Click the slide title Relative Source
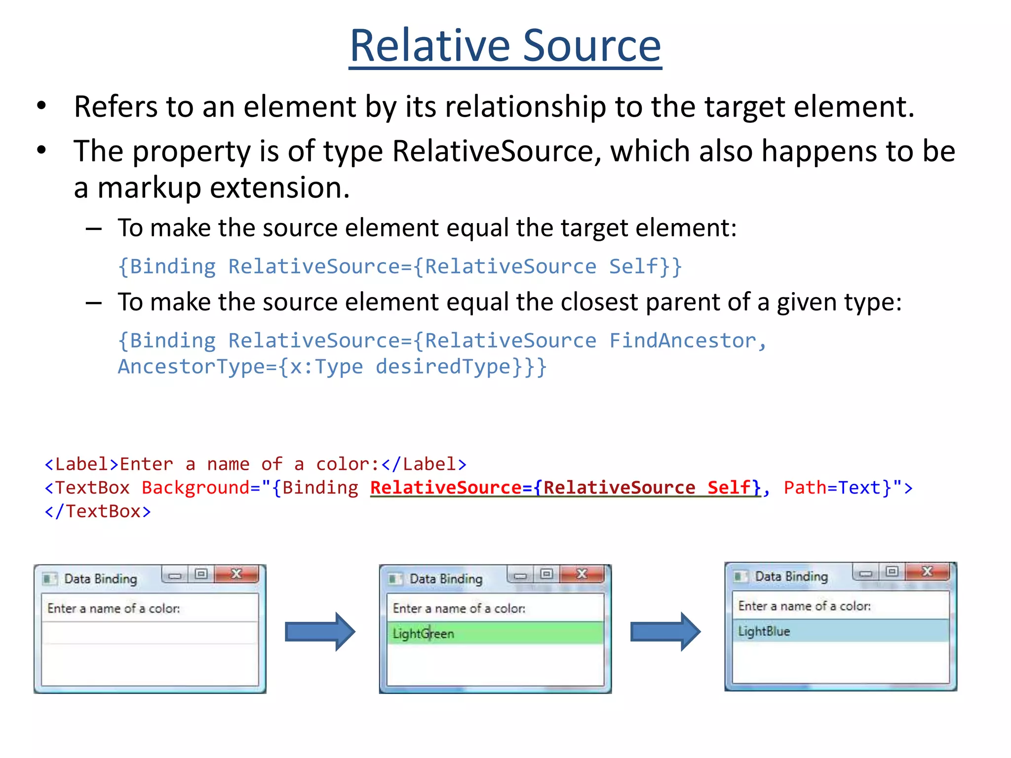505,46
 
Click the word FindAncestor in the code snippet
682,341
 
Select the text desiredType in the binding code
443,367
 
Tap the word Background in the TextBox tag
195,488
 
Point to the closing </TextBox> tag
98,512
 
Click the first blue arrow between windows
320,632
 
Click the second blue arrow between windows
665,632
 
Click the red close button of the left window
236,574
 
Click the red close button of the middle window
582,574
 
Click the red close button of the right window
928,572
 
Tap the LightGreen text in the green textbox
423,634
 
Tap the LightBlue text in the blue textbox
764,631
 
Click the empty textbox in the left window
150,633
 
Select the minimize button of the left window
175,575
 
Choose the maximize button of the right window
892,572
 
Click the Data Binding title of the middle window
446,579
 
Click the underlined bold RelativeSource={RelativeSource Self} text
565,488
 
